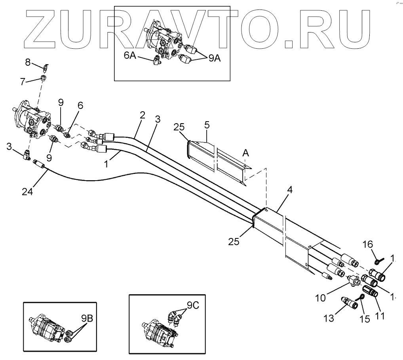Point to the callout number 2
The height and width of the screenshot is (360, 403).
[x=142, y=115]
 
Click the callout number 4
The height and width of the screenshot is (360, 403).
[x=289, y=190]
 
